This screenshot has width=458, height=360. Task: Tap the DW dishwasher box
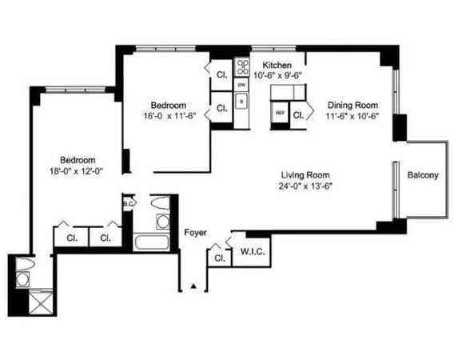pos(241,83)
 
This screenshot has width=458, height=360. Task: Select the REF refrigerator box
pos(280,114)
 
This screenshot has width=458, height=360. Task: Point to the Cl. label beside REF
pos(298,114)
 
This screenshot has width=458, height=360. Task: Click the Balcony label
pos(423,175)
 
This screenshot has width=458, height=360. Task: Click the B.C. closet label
pos(128,204)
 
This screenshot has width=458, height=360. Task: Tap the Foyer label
pos(195,233)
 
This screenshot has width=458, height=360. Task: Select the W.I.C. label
pos(253,253)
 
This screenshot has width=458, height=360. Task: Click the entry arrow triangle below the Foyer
pos(193,286)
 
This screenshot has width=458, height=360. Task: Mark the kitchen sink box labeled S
pos(241,102)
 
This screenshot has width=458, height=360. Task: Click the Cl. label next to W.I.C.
pos(217,258)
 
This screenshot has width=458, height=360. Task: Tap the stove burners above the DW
pos(241,66)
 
